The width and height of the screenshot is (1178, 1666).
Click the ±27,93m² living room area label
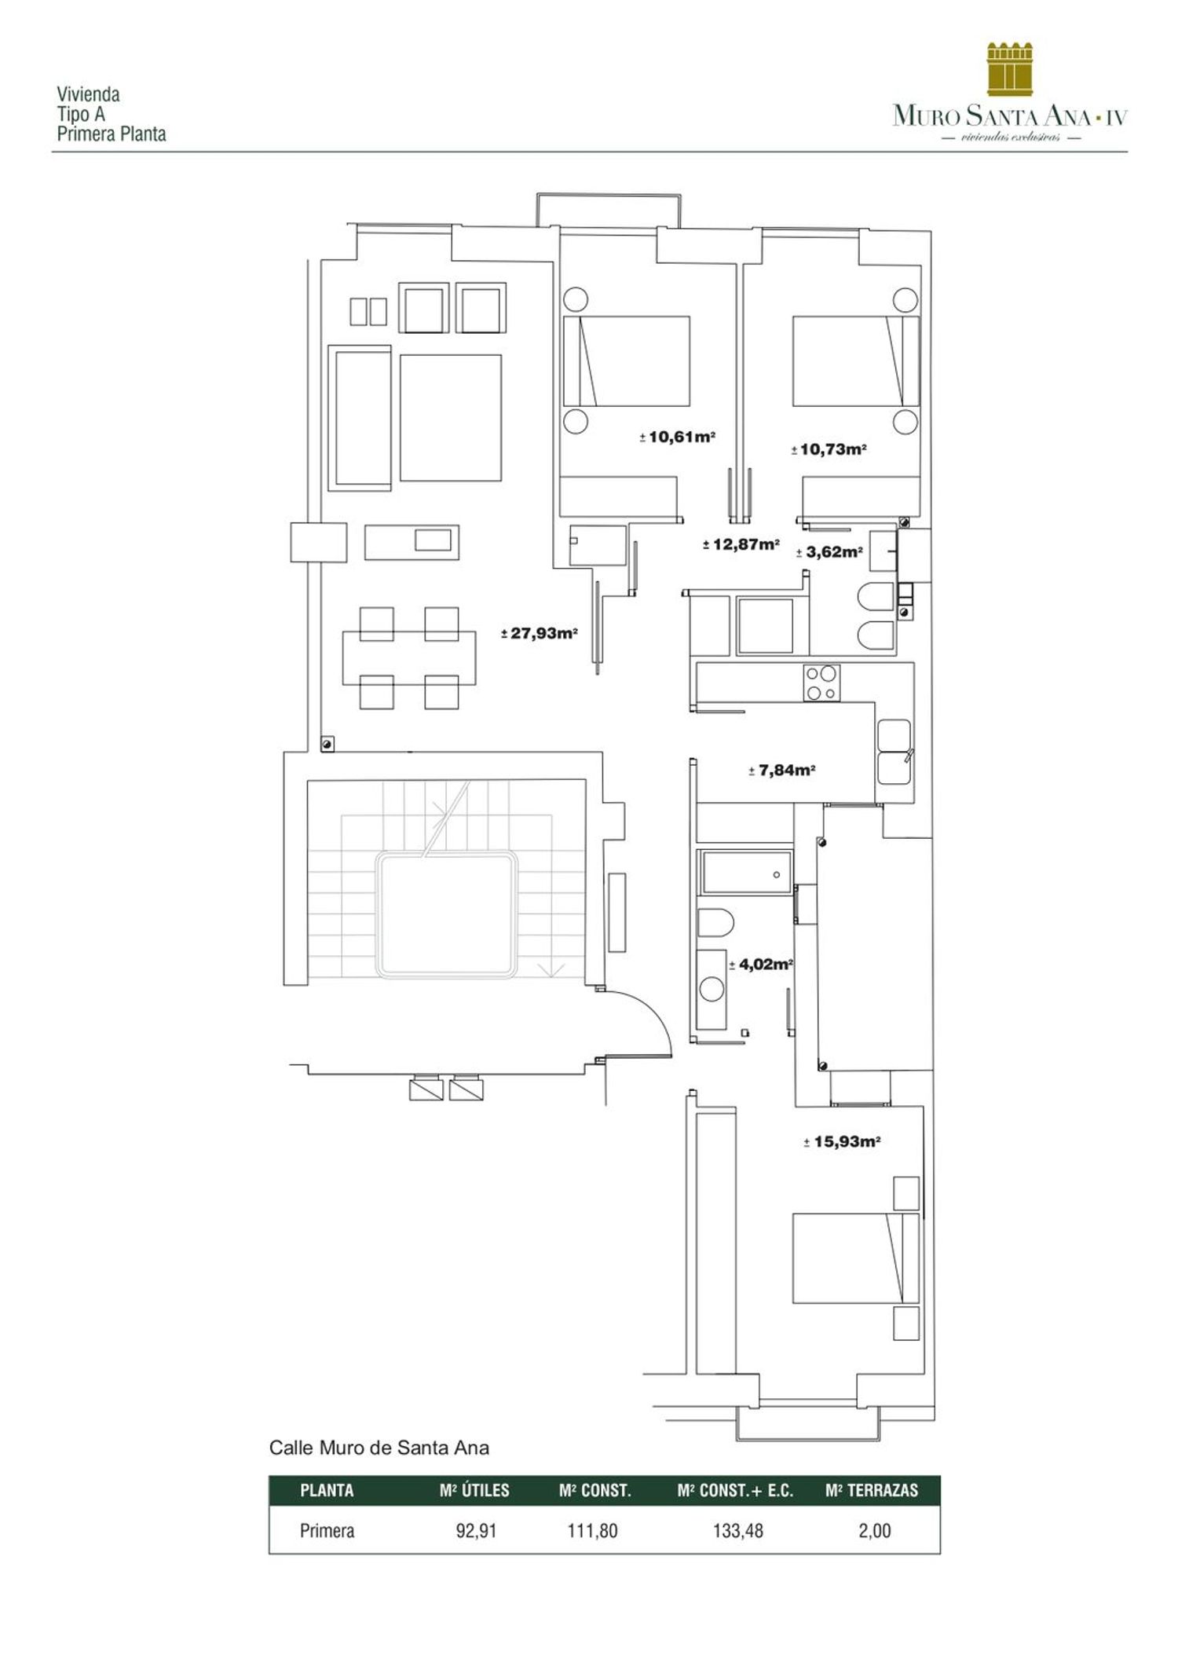click(x=540, y=633)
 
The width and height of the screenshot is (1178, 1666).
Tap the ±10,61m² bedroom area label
click(x=677, y=437)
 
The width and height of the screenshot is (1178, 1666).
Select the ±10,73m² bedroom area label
click(x=829, y=450)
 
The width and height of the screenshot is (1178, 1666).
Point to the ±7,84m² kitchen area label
click(x=781, y=771)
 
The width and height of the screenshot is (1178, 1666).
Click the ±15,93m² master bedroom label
click(x=842, y=1142)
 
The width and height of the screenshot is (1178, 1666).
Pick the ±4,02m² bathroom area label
click(x=760, y=965)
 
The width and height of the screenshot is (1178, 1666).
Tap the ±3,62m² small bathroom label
click(x=829, y=552)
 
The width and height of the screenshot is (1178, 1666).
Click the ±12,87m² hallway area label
click(x=741, y=544)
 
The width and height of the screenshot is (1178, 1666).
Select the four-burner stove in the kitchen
click(x=821, y=683)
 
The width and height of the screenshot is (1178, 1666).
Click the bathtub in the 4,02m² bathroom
click(x=747, y=873)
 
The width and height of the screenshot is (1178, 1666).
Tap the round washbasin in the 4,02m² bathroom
click(x=712, y=988)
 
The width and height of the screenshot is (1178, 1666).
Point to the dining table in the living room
click(x=409, y=657)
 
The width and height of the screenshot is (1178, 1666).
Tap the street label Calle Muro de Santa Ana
click(x=379, y=1448)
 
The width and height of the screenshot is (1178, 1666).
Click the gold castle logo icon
click(x=1010, y=70)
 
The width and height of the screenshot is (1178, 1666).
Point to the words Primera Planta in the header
click(x=112, y=134)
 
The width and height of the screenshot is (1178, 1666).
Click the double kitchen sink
click(x=894, y=752)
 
